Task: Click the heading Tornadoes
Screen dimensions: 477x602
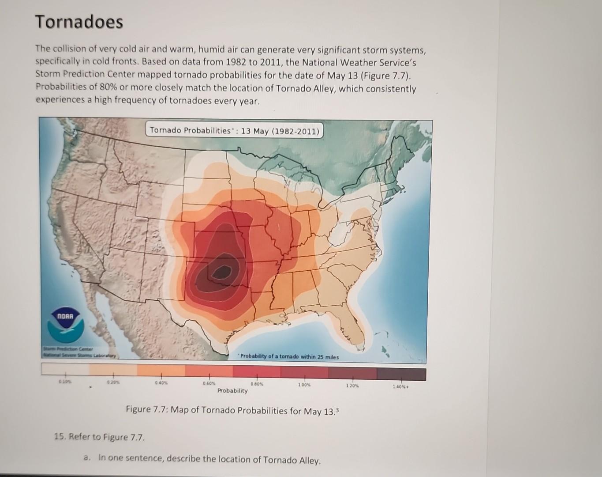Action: tap(79, 22)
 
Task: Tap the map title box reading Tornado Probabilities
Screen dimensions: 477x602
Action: tap(234, 131)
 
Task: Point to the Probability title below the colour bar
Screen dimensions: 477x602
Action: tap(232, 391)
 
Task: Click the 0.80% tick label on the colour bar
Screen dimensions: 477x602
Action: tap(257, 384)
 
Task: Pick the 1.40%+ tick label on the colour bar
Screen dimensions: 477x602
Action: tap(401, 387)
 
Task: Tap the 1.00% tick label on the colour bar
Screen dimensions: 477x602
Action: tap(305, 385)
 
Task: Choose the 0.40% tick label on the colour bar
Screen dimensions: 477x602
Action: tap(161, 382)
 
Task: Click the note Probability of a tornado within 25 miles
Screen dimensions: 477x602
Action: tap(289, 357)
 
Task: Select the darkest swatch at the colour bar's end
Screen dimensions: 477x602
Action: tap(401, 374)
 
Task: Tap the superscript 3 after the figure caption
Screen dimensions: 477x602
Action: tap(337, 409)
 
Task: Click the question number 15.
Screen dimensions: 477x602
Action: tap(60, 437)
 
